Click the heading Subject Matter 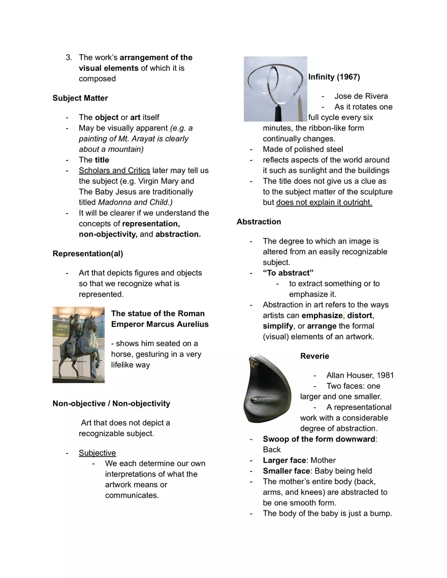tap(80, 98)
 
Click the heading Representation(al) tap(87, 253)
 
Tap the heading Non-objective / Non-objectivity tap(111, 403)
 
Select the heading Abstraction tap(259, 222)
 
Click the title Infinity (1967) tap(334, 77)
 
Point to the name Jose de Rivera tap(361, 96)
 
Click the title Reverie tap(314, 356)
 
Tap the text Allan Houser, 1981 tap(360, 376)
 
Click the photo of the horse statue tap(79, 345)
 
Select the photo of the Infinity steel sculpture tap(275, 89)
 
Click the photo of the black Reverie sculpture tap(269, 388)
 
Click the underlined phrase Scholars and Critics tap(114, 171)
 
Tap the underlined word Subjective tap(97, 453)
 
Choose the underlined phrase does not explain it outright tap(324, 202)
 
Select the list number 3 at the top tap(68, 57)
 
